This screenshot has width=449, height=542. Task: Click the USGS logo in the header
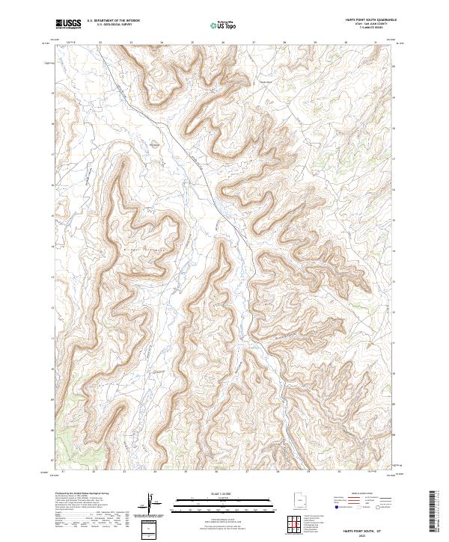tap(68, 24)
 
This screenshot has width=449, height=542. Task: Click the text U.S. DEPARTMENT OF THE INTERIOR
tap(114, 22)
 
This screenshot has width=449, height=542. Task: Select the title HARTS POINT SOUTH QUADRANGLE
tap(366, 20)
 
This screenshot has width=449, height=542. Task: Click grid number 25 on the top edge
tap(192, 43)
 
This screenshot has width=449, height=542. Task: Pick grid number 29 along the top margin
tap(315, 43)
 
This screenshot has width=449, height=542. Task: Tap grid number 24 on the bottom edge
tap(154, 472)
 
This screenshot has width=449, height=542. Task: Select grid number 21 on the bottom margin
tap(64, 472)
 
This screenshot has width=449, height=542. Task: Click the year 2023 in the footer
tap(366, 535)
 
